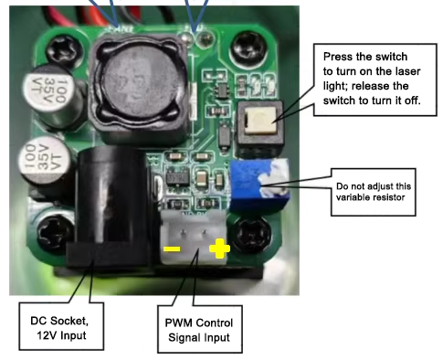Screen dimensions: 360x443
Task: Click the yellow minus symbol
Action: (x=171, y=249)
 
